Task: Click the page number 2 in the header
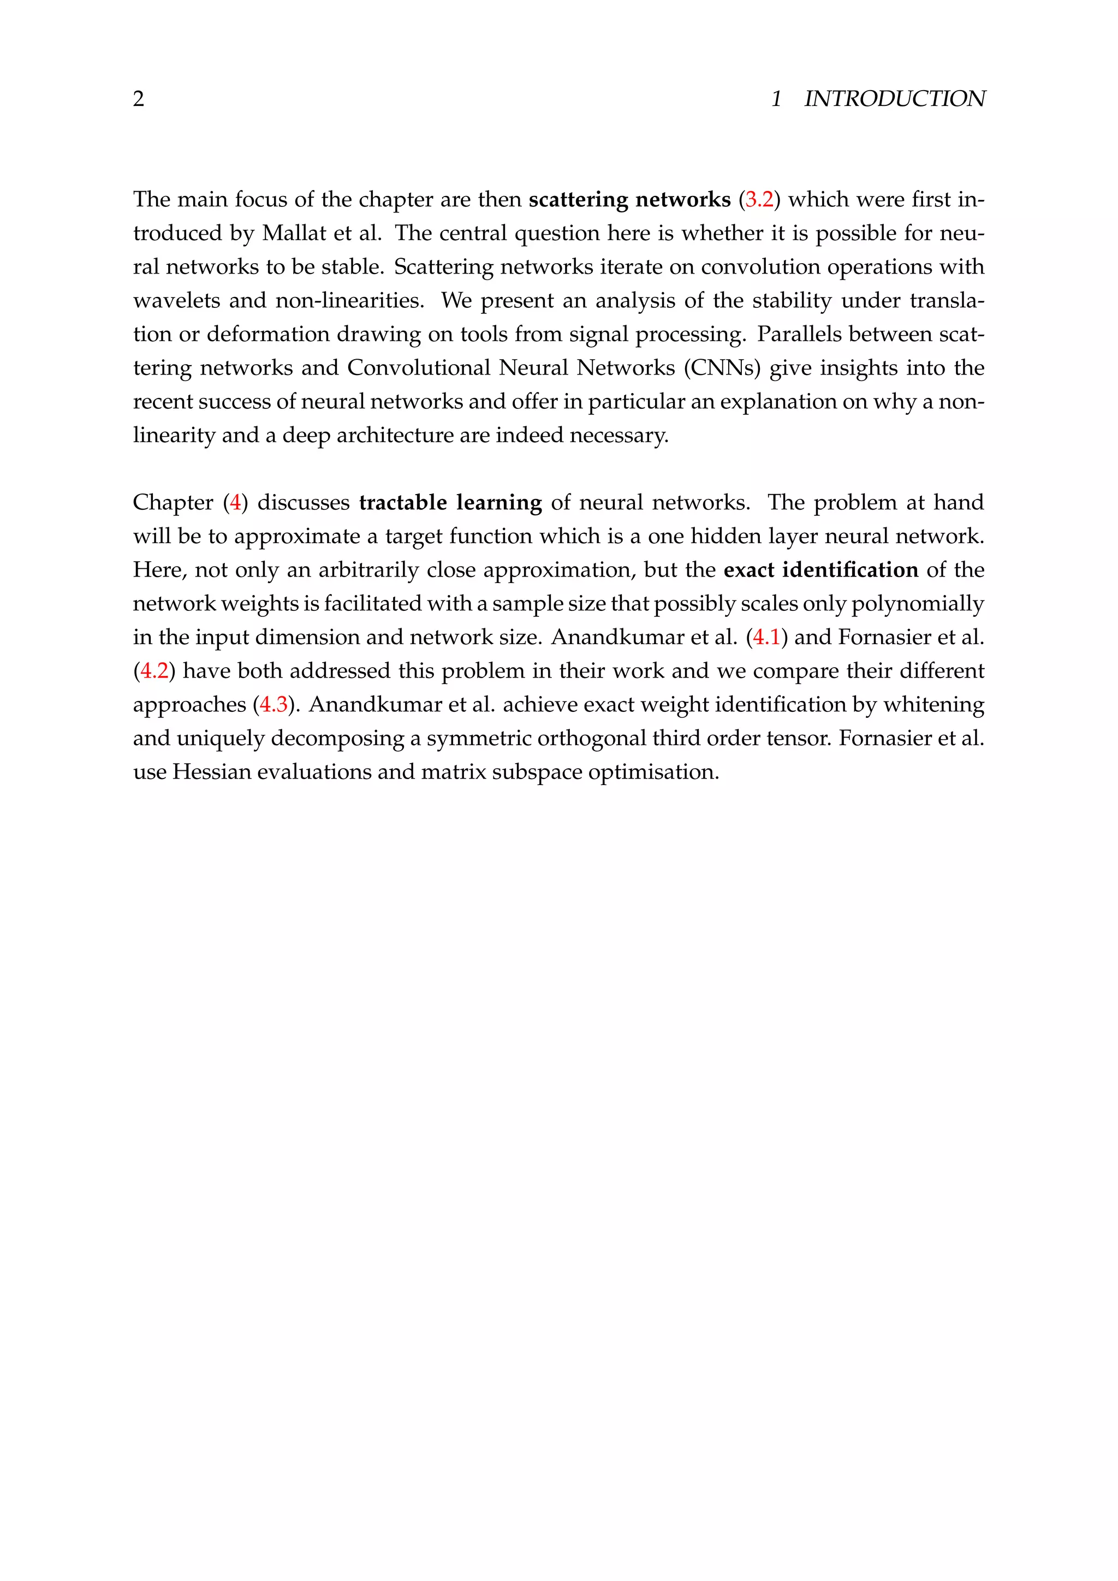click(138, 99)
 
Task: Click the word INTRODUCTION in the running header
click(894, 99)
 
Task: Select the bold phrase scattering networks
click(629, 200)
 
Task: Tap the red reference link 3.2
click(759, 200)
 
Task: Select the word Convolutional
click(419, 368)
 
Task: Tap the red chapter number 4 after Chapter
click(235, 503)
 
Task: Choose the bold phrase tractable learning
click(450, 503)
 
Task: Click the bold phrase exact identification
click(820, 570)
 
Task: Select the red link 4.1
click(766, 638)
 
